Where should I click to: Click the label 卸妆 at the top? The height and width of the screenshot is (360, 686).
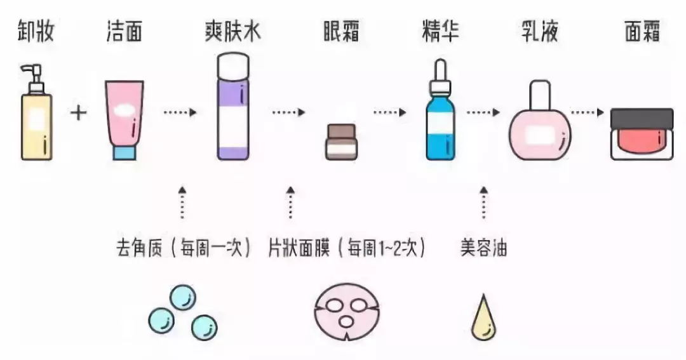pos(35,30)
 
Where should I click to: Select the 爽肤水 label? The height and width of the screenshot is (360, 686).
pos(233,30)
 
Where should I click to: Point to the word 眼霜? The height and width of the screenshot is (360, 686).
pos(342,30)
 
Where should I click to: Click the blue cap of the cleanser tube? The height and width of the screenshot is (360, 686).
pos(124,152)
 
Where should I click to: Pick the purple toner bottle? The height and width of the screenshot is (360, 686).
pos(233,108)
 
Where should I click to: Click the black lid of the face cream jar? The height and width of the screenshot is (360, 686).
pos(642,118)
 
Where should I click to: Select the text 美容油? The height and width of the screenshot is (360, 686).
pos(483,247)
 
